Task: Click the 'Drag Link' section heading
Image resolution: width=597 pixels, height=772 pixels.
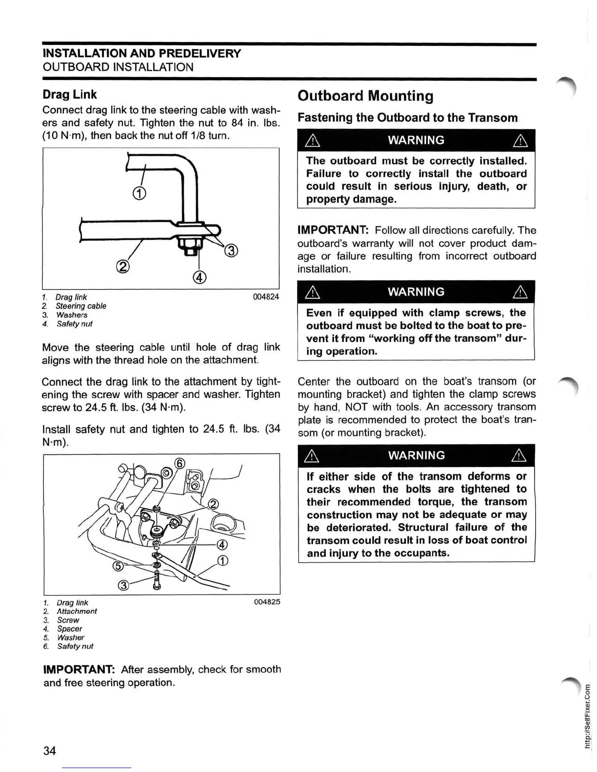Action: tap(69, 95)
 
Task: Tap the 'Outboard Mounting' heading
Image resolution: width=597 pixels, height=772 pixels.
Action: tap(365, 96)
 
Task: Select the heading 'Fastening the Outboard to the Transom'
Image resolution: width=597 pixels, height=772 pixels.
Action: tap(407, 118)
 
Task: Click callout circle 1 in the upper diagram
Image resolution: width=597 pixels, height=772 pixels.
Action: tap(139, 193)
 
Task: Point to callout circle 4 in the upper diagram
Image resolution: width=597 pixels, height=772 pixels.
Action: tap(200, 277)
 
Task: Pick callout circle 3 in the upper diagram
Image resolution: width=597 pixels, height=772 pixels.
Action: tap(231, 251)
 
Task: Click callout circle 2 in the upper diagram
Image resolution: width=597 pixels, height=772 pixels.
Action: tap(123, 267)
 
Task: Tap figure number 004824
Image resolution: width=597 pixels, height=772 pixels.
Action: tap(266, 297)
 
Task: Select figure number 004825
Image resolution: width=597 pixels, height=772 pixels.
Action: tap(267, 602)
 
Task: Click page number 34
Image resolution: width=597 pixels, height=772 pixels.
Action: tap(50, 751)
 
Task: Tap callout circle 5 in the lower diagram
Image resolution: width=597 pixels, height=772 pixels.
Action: tap(118, 566)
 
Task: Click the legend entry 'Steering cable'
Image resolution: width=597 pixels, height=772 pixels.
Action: tap(80, 306)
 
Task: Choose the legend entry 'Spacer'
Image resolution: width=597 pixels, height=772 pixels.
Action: tap(69, 629)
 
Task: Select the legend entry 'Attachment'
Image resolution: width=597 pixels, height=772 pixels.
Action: tap(77, 611)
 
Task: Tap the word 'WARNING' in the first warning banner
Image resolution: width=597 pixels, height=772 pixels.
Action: tap(416, 140)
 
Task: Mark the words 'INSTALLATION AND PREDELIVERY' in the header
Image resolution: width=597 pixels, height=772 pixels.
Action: tap(142, 54)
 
